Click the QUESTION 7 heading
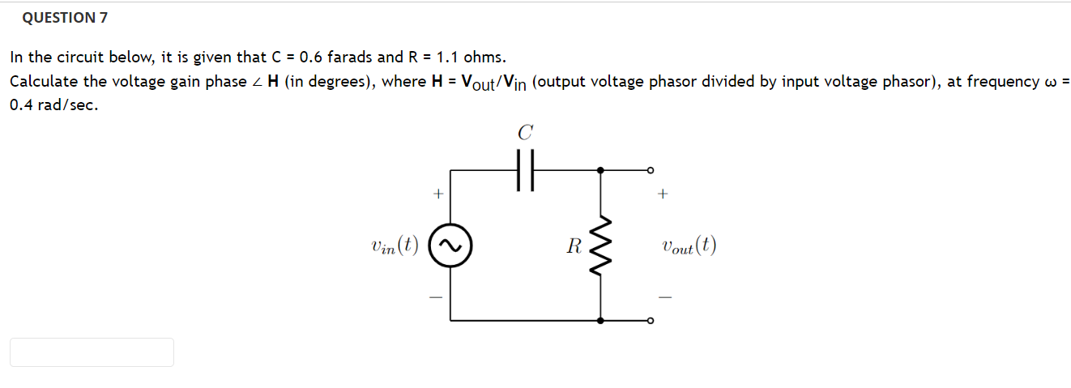66,17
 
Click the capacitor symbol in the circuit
526,171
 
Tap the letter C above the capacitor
526,132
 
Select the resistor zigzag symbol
600,245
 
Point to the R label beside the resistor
574,246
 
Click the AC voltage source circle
450,245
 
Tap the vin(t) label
393,246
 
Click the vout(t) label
689,246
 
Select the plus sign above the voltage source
438,194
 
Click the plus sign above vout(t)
664,194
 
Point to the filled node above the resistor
600,170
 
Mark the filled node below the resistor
600,321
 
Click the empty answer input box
92,352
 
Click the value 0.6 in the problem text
310,58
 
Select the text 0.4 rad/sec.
54,105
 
